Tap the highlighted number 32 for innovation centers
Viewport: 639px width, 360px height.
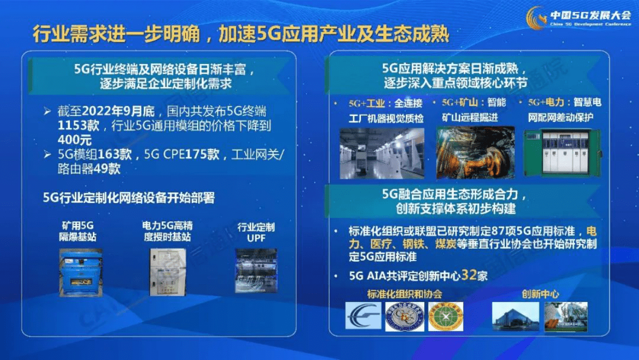tap(469, 276)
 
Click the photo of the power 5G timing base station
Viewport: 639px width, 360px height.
tap(168, 271)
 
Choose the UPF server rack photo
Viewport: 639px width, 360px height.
tap(256, 270)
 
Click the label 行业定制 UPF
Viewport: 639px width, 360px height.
tap(256, 232)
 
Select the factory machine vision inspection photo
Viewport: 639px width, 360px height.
tap(382, 153)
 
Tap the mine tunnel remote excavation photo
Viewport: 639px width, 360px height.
tap(475, 153)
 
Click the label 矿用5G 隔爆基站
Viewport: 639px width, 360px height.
tap(78, 232)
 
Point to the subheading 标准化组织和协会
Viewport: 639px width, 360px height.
tap(405, 294)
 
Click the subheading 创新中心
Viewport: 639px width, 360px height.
tap(540, 294)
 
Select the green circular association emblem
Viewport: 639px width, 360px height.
tap(446, 316)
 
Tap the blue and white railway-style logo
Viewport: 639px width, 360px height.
tap(364, 316)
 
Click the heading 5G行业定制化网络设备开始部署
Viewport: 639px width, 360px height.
tap(129, 198)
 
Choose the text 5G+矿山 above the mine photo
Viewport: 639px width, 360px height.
tap(456, 102)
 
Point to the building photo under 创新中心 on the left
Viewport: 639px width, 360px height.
tap(515, 316)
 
